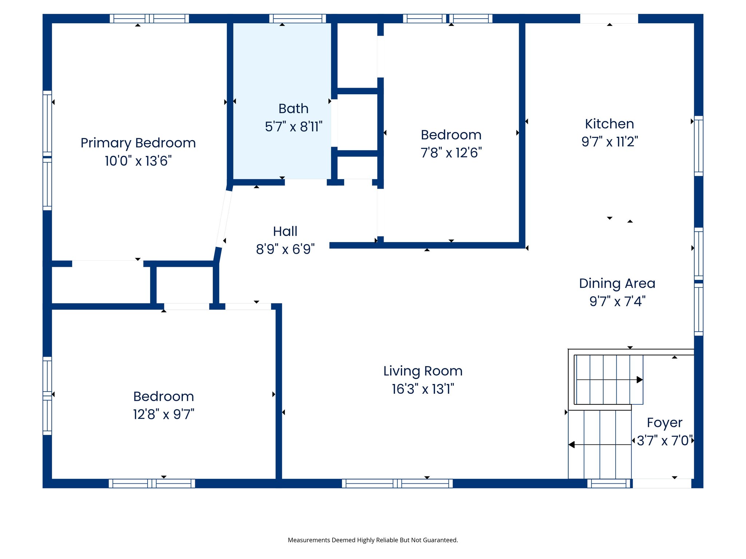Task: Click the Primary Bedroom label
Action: (x=138, y=143)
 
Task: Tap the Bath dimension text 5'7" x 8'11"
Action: (x=294, y=127)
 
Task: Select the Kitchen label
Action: (x=609, y=124)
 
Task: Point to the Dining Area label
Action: (x=617, y=283)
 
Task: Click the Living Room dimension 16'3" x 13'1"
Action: (x=423, y=389)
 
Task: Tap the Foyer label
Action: (x=664, y=423)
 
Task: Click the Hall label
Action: (x=285, y=231)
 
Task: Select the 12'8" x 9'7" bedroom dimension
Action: (x=164, y=415)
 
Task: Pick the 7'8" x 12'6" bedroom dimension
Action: (x=451, y=153)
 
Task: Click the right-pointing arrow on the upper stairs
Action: (x=640, y=380)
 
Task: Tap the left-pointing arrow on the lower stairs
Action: (x=572, y=445)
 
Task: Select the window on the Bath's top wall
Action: (x=298, y=19)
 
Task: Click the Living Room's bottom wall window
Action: (x=397, y=483)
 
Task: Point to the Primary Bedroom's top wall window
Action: (x=149, y=19)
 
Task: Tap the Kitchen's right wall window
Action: (x=698, y=146)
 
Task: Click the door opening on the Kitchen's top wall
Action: (x=609, y=19)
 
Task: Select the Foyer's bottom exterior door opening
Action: (x=662, y=483)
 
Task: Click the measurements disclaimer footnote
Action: (x=373, y=540)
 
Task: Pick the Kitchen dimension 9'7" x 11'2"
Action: (x=609, y=142)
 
